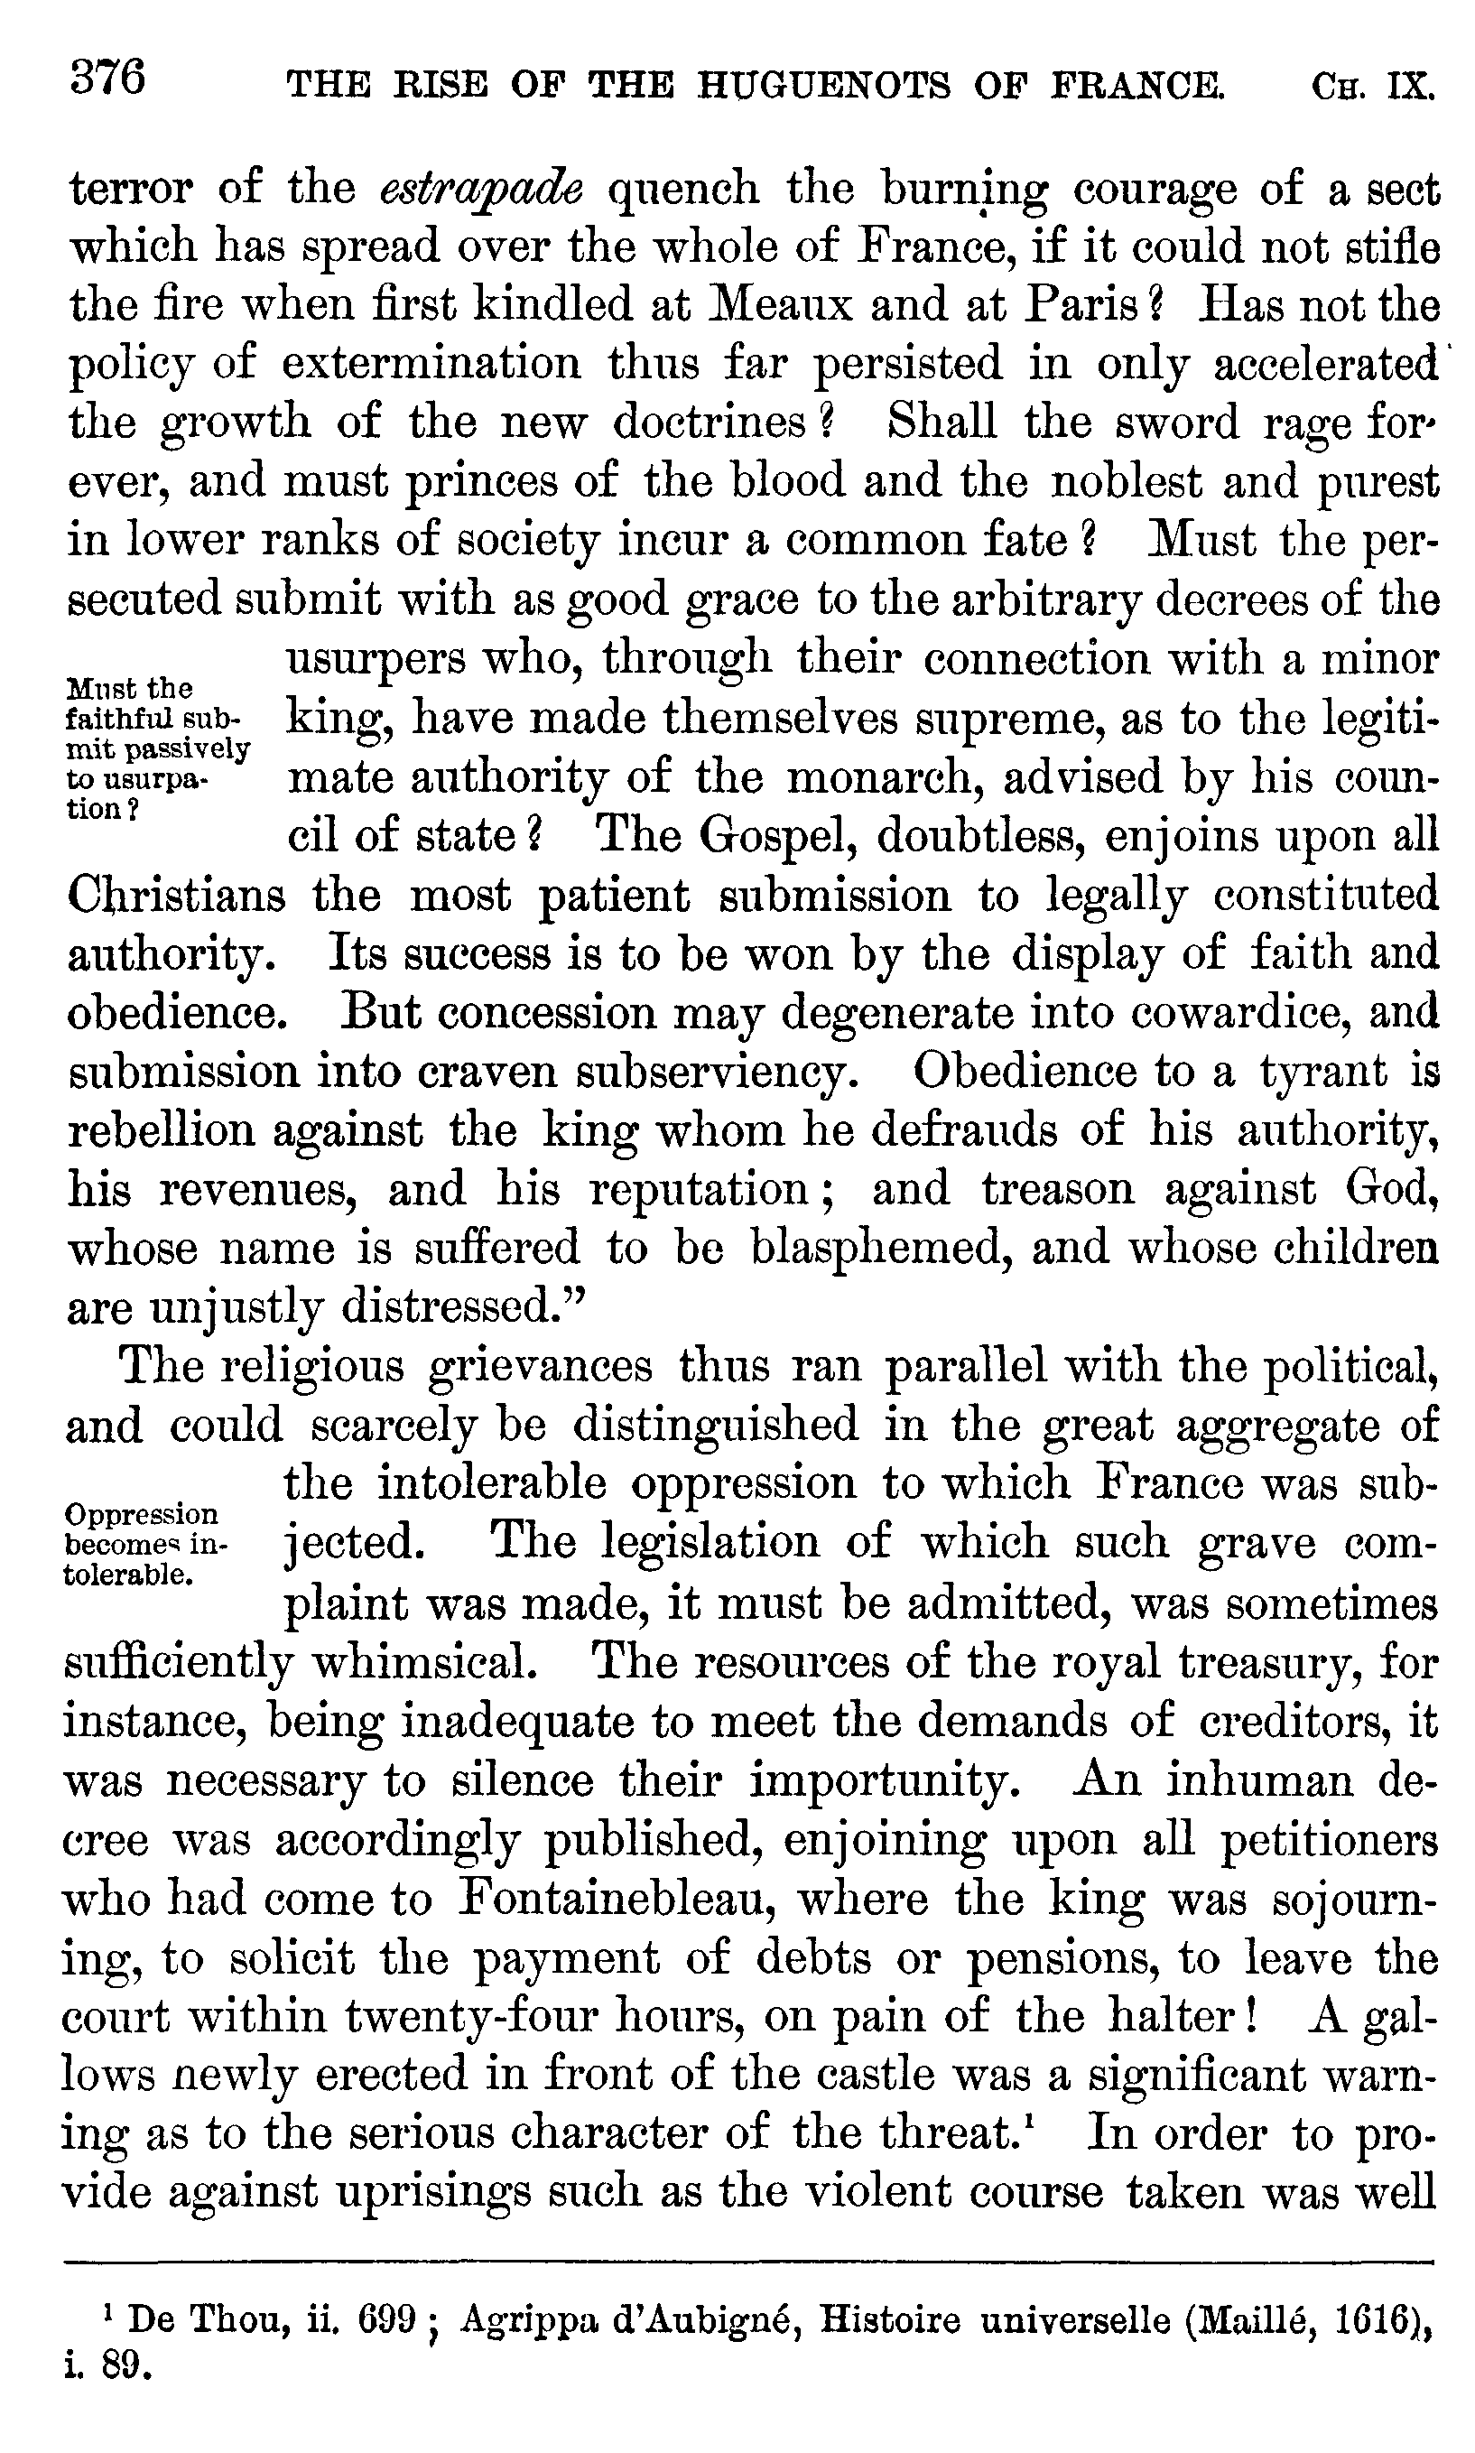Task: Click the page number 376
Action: click(x=107, y=78)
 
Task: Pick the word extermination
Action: click(x=431, y=364)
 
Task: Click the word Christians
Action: click(x=176, y=896)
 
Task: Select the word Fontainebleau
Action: click(x=616, y=1900)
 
